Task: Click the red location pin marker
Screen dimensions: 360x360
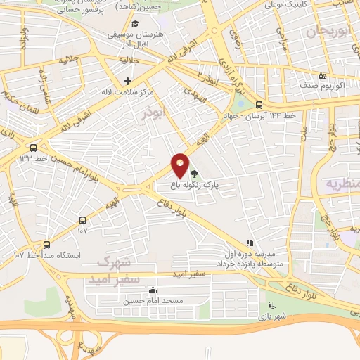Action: (x=181, y=165)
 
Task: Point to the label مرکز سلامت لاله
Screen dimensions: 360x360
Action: (x=127, y=91)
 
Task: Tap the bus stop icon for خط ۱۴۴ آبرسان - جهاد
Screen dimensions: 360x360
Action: (x=259, y=104)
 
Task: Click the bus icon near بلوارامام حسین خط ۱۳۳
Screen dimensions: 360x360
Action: (x=33, y=148)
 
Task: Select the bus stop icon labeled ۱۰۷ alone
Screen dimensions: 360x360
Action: (x=83, y=219)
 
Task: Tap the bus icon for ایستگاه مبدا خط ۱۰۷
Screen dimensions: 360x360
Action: (x=46, y=245)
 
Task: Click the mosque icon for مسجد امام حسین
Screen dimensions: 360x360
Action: (x=153, y=290)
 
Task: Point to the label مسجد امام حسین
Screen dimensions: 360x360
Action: (x=153, y=301)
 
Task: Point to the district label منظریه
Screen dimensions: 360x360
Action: (x=343, y=184)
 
